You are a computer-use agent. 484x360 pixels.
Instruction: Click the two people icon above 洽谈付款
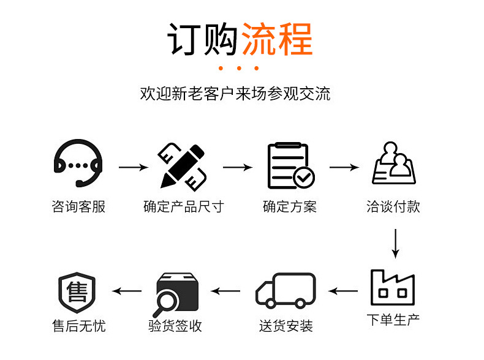pyautogui.click(x=394, y=163)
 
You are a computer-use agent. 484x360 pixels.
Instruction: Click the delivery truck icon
pyautogui.click(x=285, y=290)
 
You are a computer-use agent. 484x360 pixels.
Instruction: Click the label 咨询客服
pyautogui.click(x=78, y=207)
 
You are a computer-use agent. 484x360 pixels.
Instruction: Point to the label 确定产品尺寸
pyautogui.click(x=183, y=207)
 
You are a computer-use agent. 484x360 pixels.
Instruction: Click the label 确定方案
pyautogui.click(x=289, y=207)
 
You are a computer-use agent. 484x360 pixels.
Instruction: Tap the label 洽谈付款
pyautogui.click(x=393, y=207)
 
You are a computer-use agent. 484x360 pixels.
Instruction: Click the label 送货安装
pyautogui.click(x=285, y=326)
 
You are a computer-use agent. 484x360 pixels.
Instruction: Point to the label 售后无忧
pyautogui.click(x=78, y=326)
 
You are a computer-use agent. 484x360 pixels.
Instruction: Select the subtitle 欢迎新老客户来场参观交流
pyautogui.click(x=235, y=94)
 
